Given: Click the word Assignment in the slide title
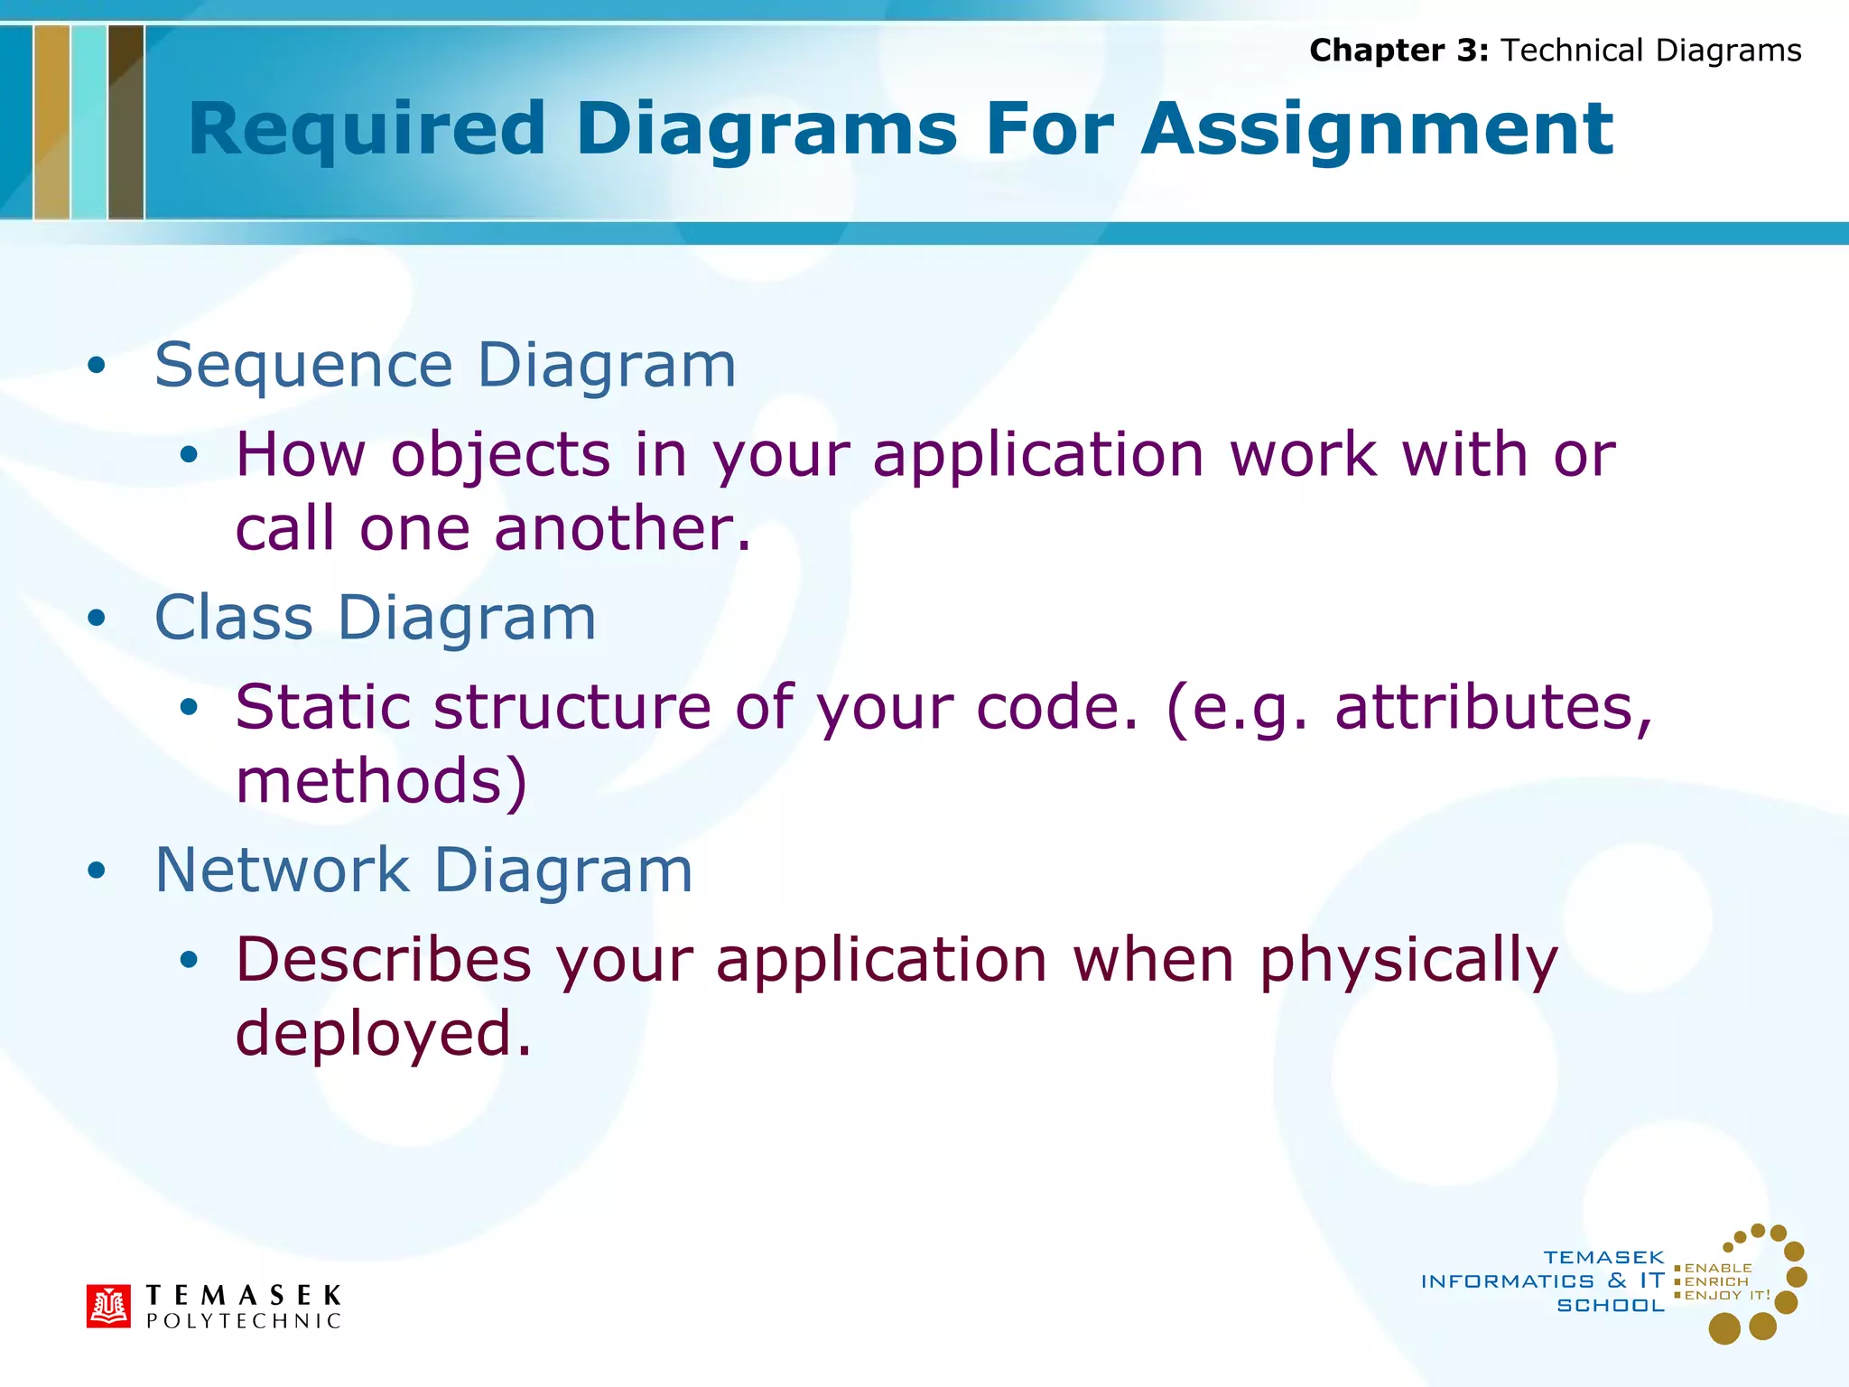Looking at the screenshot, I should tap(1376, 130).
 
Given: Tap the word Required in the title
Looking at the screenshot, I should tap(367, 130).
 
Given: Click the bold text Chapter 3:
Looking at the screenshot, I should tap(1398, 51).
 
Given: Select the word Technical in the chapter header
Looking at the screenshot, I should tap(1572, 51).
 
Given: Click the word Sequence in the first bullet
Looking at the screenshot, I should tap(303, 367).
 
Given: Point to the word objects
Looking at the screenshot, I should tap(500, 455).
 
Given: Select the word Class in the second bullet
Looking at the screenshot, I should tap(234, 619).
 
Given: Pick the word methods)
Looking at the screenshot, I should tap(380, 781).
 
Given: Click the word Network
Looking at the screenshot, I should tap(283, 870).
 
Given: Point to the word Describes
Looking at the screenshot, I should tap(383, 960).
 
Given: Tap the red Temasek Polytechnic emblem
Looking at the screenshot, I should tap(108, 1306).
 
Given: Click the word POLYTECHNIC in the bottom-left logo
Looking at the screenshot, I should tap(244, 1321).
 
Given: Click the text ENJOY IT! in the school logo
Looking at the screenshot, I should tap(1726, 1295).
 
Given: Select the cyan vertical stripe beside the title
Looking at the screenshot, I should tap(88, 122).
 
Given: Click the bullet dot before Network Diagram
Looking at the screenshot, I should tap(97, 871).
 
